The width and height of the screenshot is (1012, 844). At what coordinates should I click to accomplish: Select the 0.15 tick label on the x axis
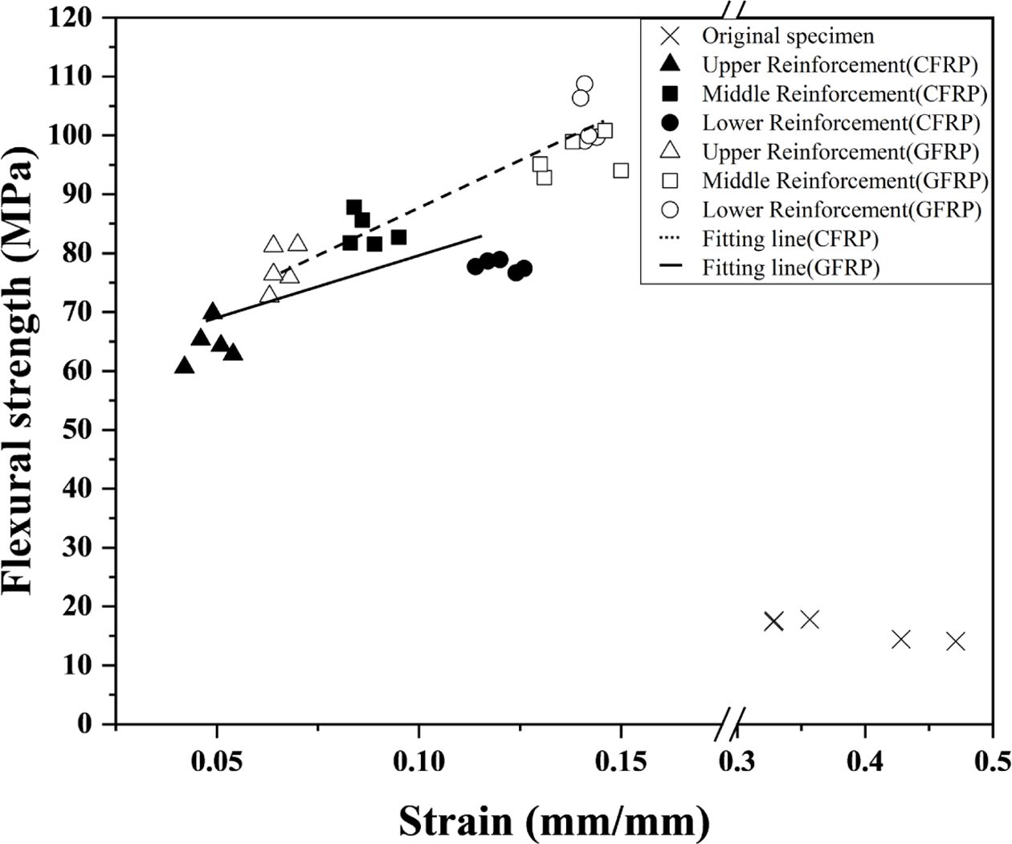point(620,760)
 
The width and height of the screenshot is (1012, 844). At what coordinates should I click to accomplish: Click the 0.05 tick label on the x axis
point(216,760)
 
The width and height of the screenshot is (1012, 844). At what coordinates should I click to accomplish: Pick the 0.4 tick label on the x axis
point(865,760)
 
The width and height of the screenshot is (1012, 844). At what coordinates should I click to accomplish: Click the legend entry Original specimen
point(787,36)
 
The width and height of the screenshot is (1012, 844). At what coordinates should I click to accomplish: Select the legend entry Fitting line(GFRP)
point(790,268)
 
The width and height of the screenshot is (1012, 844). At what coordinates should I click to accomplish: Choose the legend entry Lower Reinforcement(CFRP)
point(841,123)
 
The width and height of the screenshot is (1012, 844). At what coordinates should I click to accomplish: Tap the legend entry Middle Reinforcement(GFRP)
point(845,181)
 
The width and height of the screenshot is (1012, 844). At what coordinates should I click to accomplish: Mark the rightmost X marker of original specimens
point(956,641)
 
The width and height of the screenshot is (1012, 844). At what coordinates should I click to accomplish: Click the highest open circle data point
point(585,84)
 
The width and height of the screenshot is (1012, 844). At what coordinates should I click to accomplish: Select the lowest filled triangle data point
point(184,366)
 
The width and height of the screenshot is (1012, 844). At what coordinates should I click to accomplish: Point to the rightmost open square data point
point(621,170)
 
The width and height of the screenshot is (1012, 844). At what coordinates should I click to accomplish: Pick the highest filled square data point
point(354,207)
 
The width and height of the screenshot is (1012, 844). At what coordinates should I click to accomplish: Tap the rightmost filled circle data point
point(524,268)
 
